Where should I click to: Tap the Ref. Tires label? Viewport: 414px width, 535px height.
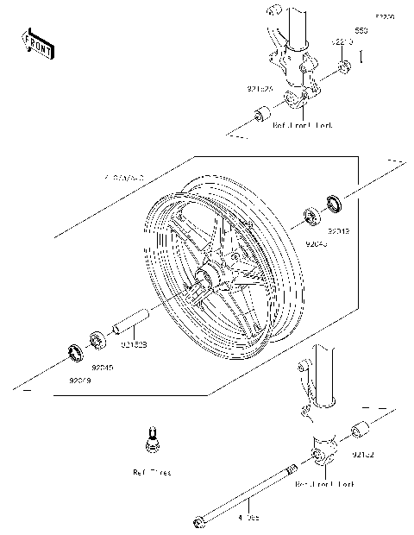pyautogui.click(x=152, y=473)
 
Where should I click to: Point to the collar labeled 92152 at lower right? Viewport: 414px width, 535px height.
pyautogui.click(x=358, y=431)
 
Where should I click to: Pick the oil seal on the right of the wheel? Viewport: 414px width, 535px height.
pyautogui.click(x=334, y=205)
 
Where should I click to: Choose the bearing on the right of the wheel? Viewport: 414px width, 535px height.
pyautogui.click(x=311, y=216)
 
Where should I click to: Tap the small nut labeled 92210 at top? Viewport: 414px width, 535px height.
pyautogui.click(x=343, y=67)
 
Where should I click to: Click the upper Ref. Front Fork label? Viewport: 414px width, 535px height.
pyautogui.click(x=303, y=125)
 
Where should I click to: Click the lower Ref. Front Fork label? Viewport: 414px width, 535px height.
pyautogui.click(x=325, y=486)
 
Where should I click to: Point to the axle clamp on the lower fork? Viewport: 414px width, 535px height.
pyautogui.click(x=320, y=452)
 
